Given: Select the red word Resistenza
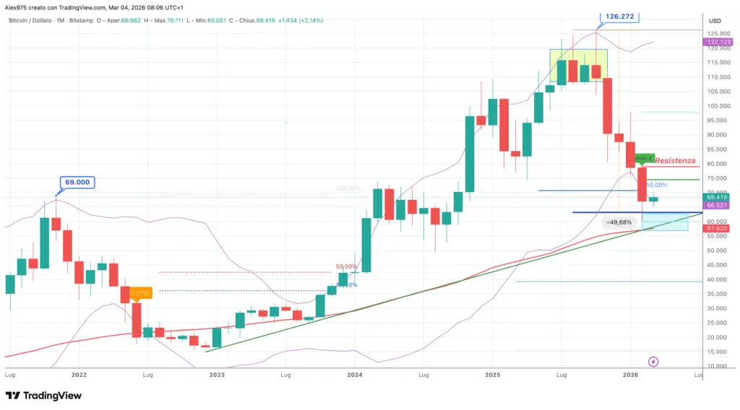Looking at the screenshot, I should click(675, 160).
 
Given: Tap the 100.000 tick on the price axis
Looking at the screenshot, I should click(717, 106).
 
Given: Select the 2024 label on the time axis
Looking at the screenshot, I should click(354, 375).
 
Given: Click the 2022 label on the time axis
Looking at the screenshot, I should click(79, 375).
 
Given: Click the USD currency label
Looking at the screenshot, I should click(715, 20).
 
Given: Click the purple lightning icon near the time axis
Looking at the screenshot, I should click(653, 361).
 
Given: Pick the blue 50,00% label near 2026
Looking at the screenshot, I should click(655, 185).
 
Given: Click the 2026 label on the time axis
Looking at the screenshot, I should click(630, 375).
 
